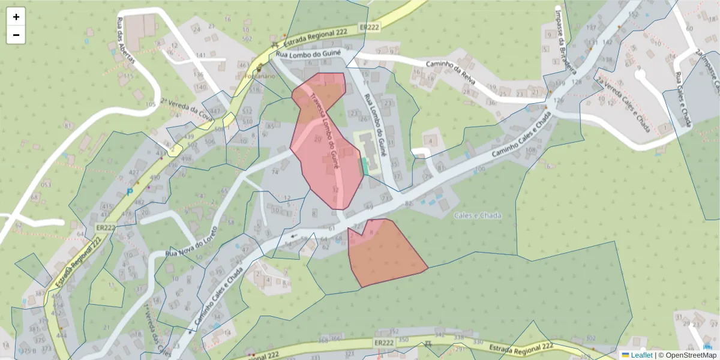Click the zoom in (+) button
point(16,17)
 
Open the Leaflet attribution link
point(641,355)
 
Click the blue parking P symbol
point(129,192)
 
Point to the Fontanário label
point(260,77)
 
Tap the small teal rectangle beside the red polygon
point(362,166)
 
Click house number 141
point(200,56)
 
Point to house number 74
point(275,172)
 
